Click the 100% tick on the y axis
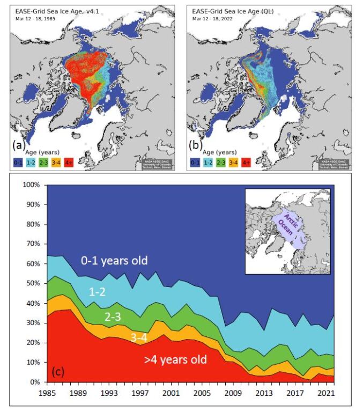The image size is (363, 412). click(x=32, y=185)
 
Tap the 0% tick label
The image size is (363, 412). click(x=36, y=382)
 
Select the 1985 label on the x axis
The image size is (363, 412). click(x=48, y=393)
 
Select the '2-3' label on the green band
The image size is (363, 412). click(x=112, y=317)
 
